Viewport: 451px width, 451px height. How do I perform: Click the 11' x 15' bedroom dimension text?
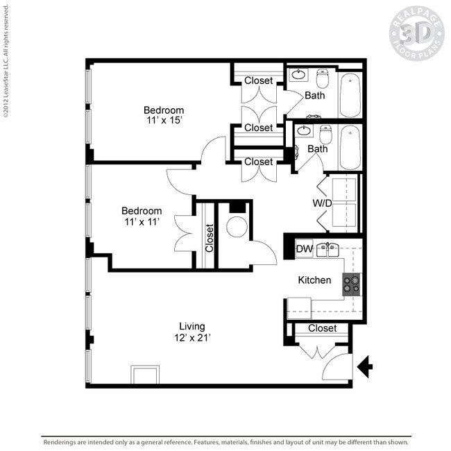click(164, 121)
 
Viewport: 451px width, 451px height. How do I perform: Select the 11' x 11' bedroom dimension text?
click(142, 222)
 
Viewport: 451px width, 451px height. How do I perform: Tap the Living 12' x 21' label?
click(192, 332)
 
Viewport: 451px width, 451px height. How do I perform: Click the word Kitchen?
click(314, 280)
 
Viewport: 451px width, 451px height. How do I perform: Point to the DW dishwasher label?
click(304, 249)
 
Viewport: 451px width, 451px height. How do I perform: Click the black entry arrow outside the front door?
click(365, 366)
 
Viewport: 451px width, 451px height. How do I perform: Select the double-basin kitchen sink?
click(327, 249)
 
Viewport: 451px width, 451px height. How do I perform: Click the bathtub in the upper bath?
click(350, 94)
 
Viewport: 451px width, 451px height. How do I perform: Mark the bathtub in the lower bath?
click(350, 147)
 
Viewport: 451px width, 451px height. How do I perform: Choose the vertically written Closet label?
click(209, 237)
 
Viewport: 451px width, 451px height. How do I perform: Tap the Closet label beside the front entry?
click(322, 328)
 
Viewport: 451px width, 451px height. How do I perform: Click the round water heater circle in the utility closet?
click(237, 227)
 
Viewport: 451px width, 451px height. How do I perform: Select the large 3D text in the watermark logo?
click(416, 33)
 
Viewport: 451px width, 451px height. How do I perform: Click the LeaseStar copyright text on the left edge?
click(6, 62)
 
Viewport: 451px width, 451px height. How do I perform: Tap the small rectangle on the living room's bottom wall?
click(144, 375)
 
